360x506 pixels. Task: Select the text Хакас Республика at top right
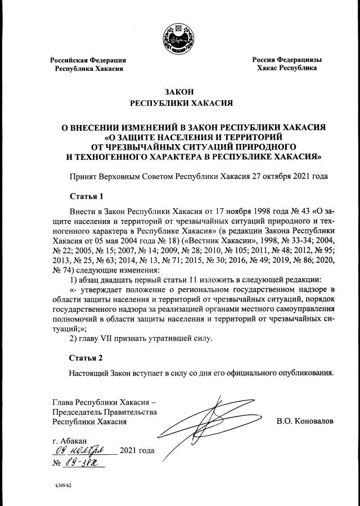tap(286, 68)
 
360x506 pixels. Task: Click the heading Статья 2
tap(87, 357)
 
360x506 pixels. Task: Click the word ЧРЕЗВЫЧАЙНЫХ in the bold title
tap(154, 146)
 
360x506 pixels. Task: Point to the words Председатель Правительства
tap(104, 411)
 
